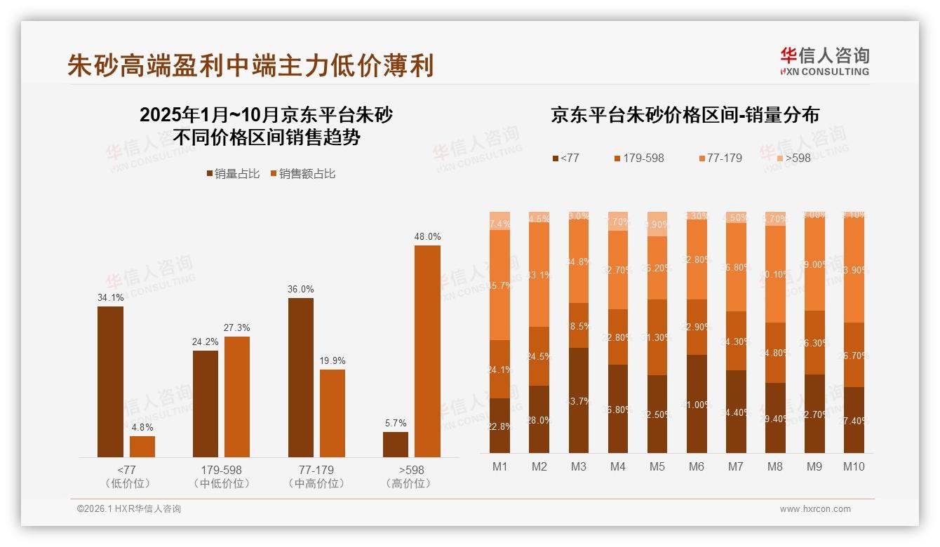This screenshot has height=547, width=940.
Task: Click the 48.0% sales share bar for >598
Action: pos(427,351)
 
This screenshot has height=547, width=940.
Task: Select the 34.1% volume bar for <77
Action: pos(110,381)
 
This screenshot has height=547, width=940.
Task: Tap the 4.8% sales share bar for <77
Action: pos(142,447)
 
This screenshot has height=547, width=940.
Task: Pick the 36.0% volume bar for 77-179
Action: pos(301,377)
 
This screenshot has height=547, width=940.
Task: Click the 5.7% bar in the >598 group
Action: pos(396,445)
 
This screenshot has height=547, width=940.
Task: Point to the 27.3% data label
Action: pos(237,327)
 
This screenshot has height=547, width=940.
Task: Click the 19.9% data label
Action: pos(333,360)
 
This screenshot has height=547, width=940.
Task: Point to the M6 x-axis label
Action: pos(697,467)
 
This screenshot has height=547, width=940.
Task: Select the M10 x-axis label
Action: pos(854,467)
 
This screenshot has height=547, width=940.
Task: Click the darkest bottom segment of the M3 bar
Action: pos(579,400)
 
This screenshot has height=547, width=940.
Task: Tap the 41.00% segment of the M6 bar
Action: pos(697,404)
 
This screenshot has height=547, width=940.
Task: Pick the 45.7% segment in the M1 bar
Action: pos(499,285)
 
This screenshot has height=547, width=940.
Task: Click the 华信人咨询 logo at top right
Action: pos(824,61)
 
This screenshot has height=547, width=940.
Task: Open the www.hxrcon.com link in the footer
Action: pos(815,509)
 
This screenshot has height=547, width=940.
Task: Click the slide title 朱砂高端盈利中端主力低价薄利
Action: pos(250,65)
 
